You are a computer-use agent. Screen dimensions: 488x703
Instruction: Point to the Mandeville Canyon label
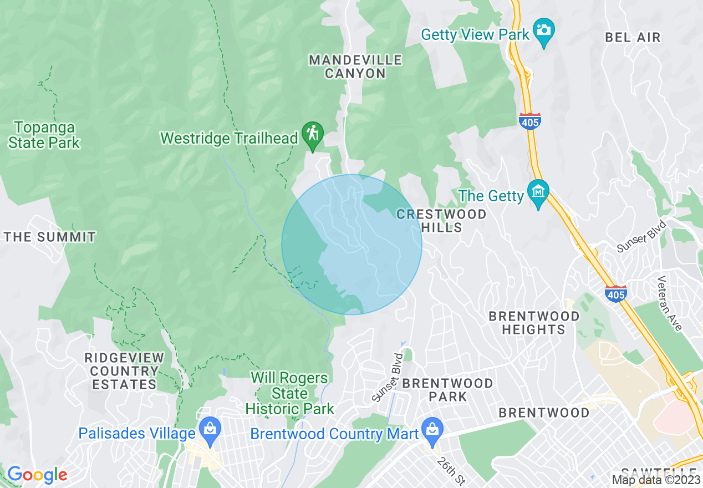tap(355, 67)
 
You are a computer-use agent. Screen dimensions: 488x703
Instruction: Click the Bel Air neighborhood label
tap(633, 38)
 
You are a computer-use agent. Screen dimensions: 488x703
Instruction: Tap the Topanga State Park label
tap(44, 135)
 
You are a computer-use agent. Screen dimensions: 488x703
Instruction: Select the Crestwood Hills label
tap(442, 221)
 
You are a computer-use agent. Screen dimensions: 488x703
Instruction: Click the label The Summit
tap(50, 237)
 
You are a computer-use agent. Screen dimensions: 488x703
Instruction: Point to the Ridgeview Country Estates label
tap(125, 371)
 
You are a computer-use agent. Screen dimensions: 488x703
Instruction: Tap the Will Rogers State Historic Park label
tap(289, 394)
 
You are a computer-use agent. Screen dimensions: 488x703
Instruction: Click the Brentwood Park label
tap(447, 390)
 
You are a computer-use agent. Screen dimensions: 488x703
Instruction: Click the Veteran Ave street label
tap(669, 303)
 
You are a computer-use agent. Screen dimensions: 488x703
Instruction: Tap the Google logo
tap(37, 475)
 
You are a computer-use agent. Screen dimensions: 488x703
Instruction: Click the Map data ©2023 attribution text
tap(654, 480)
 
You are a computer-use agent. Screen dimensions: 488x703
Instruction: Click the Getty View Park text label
tap(475, 34)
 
